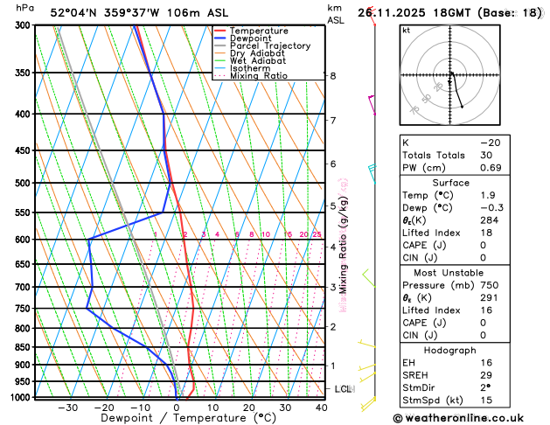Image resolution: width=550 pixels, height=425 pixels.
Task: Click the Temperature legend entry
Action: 259,31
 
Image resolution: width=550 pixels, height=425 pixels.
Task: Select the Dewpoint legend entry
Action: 250,38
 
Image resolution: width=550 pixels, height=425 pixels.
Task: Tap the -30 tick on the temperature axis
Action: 67,407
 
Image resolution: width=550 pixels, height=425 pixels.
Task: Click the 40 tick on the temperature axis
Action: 322,407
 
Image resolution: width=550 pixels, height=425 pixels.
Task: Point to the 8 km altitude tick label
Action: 332,76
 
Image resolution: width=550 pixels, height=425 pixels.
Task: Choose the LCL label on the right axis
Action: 344,388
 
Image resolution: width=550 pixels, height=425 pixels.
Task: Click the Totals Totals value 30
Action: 485,155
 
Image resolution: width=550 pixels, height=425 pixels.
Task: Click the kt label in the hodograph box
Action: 406,30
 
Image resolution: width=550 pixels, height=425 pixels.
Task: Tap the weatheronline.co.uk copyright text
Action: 471,418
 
